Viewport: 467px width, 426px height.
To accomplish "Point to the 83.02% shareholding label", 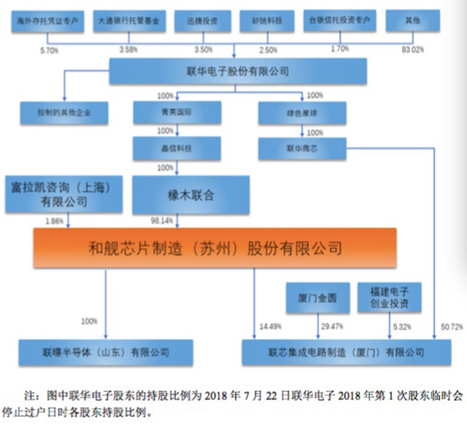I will tap(431, 49).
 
